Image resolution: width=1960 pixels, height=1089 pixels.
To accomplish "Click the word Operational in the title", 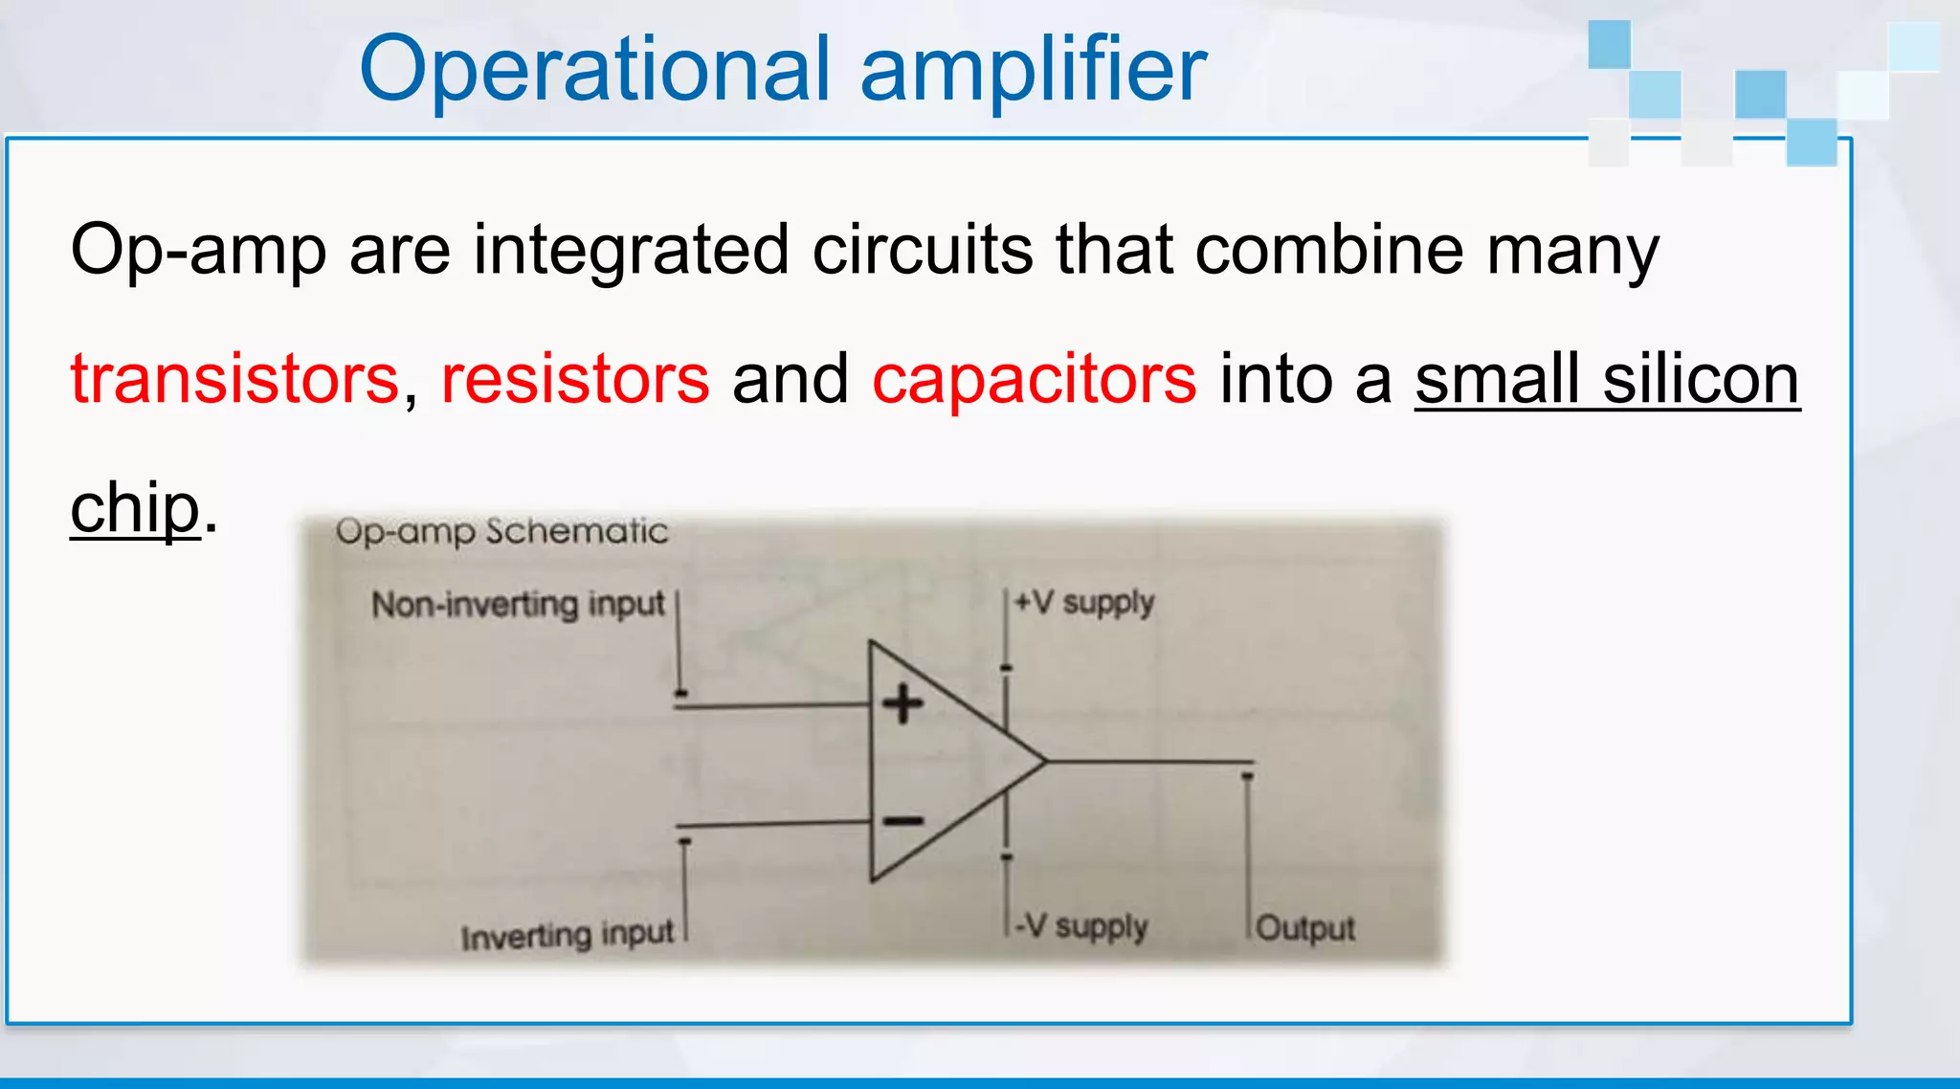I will coord(593,69).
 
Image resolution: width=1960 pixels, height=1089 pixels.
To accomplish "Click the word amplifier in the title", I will coord(1034,69).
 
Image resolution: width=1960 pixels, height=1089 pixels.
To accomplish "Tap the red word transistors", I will coord(234,379).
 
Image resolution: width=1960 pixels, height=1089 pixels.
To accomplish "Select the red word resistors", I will coord(575,379).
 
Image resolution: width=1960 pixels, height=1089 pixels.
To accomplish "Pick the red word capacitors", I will coord(1034,379).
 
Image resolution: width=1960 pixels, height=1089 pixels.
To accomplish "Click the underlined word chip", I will coord(135,508).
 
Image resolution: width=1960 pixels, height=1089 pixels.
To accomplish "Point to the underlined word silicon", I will coord(1702,379).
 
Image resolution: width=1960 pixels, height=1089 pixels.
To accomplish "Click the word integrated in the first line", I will coord(632,251).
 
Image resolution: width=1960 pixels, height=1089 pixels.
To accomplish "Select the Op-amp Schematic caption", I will coord(501,531).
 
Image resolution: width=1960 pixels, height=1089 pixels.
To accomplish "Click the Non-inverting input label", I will coord(518,605).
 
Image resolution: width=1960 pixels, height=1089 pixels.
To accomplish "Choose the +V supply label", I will coord(1084,603).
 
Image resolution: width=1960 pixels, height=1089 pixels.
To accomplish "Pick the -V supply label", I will coord(1081,926).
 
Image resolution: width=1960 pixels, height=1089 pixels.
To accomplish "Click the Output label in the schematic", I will coord(1305,928).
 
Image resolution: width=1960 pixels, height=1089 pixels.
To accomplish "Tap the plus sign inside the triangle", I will coord(902,705).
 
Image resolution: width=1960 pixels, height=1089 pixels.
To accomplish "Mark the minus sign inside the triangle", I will coord(902,821).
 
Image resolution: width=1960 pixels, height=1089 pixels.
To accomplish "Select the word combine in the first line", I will coord(1329,251).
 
